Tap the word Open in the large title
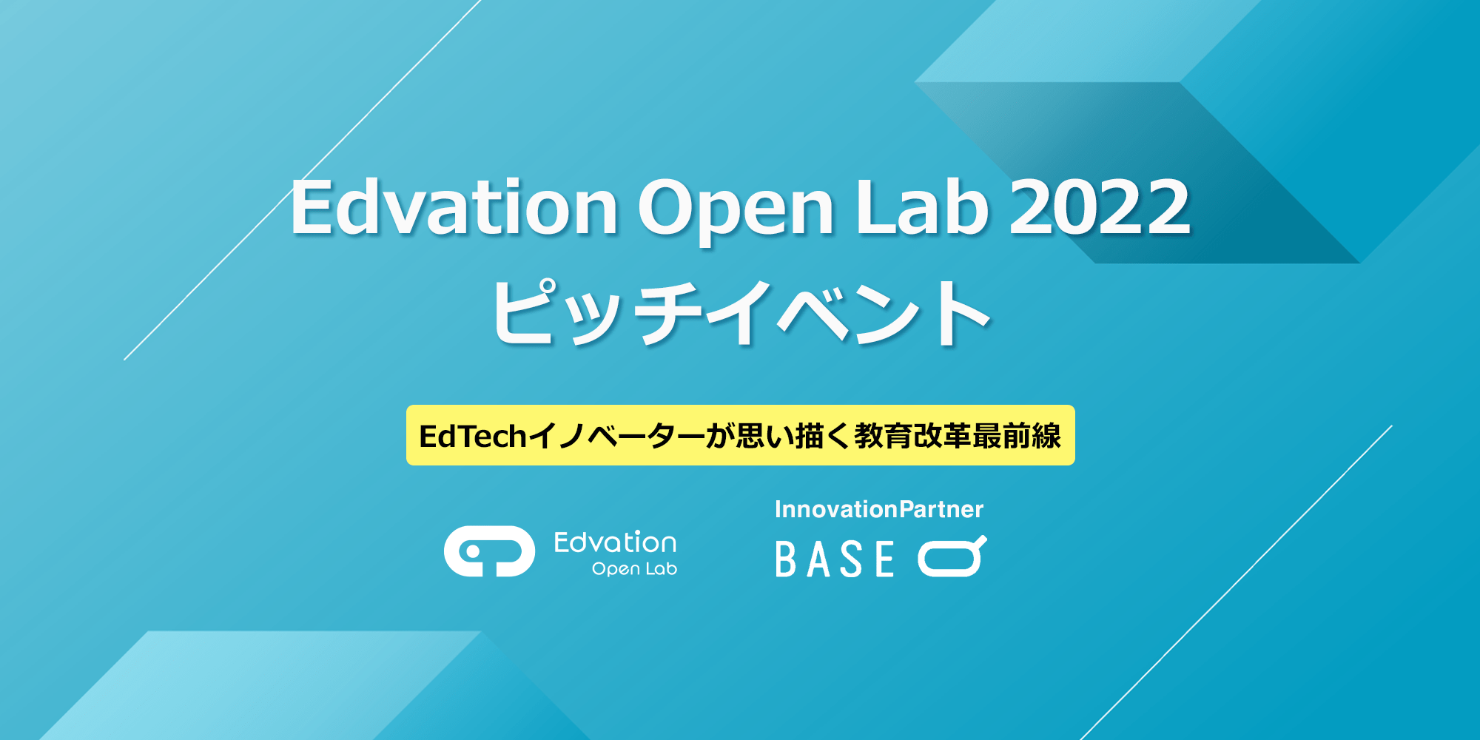point(736,211)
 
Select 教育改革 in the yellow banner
point(912,436)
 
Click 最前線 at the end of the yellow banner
point(1017,436)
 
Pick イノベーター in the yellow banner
point(616,437)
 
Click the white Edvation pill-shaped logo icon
point(489,551)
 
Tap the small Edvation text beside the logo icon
point(615,542)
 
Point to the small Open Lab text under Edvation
point(634,568)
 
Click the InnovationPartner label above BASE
point(878,509)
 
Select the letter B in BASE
point(785,559)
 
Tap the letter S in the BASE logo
point(851,559)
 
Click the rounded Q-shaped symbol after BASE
point(952,556)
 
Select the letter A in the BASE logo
point(818,559)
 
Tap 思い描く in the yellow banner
point(793,437)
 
